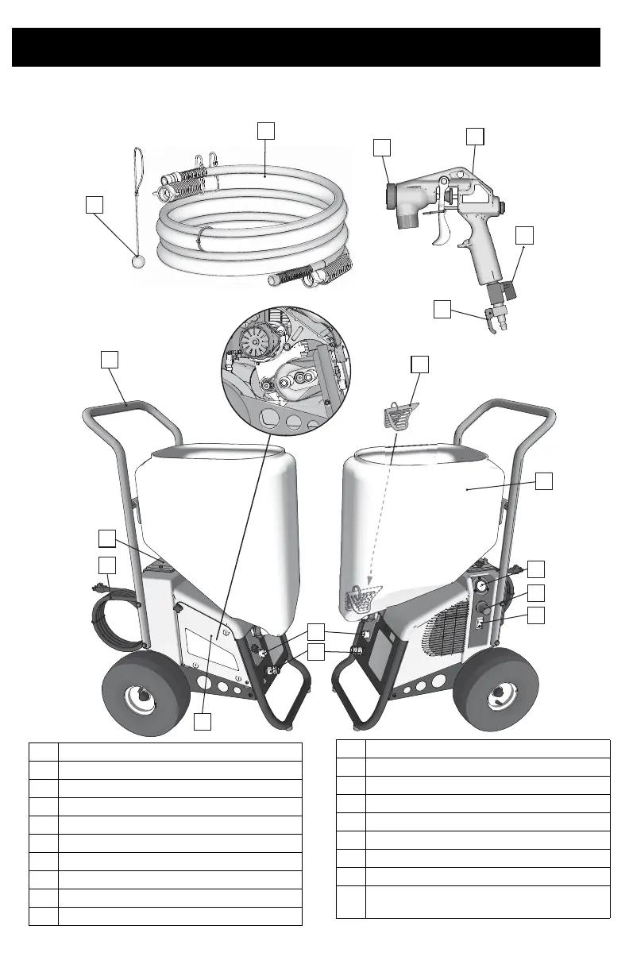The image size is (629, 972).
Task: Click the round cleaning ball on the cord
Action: click(136, 260)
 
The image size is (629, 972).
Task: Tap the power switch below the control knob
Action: click(480, 626)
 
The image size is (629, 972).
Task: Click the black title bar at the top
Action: click(306, 48)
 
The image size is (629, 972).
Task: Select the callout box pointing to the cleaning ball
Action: click(95, 204)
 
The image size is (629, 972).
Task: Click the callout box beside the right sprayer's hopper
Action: click(545, 482)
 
